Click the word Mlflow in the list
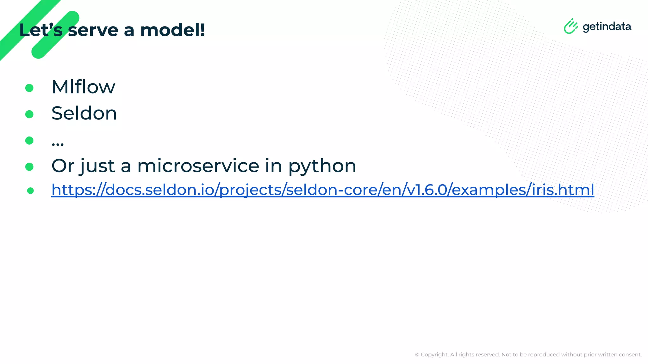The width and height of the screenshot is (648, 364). [83, 87]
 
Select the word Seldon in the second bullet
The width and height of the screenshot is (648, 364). [84, 113]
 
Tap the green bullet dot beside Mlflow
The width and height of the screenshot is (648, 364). [29, 88]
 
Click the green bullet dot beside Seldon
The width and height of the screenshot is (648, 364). [29, 114]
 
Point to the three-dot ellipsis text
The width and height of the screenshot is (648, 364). [58, 144]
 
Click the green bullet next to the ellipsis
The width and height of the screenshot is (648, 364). [29, 140]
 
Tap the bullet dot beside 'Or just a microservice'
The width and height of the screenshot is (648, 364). [29, 167]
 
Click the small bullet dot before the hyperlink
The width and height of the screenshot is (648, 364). [30, 191]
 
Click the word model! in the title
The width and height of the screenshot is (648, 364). [173, 30]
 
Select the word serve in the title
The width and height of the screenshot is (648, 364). [93, 30]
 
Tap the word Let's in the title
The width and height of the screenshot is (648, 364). [41, 30]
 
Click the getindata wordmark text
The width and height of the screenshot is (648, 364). [607, 27]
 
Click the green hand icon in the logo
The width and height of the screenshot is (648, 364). [570, 26]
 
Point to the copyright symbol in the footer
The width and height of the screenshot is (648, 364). [417, 355]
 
